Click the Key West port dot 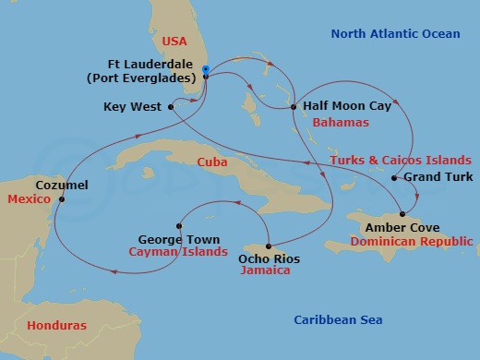[x=172, y=107]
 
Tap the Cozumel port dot [x=62, y=198]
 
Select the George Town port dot [x=180, y=225]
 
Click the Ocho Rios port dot [x=269, y=246]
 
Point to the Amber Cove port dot [x=402, y=214]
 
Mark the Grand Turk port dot [x=394, y=177]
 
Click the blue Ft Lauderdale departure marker [x=205, y=70]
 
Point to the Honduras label [x=56, y=326]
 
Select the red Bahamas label [x=341, y=122]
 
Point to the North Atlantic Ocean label [x=395, y=34]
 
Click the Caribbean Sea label [x=338, y=319]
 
